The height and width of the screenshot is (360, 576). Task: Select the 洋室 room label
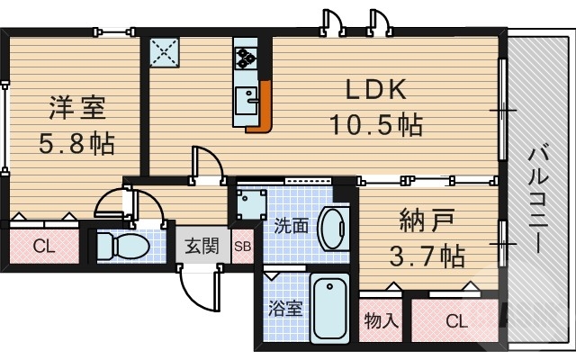76,108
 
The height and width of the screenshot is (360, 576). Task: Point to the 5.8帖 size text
76,142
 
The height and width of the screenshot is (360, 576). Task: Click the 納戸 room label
427,220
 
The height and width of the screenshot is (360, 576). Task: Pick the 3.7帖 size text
427,256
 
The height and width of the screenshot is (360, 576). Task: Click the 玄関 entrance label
202,246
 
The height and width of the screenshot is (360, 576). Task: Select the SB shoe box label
242,246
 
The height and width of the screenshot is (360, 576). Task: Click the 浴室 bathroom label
286,307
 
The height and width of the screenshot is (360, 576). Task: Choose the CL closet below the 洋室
42,245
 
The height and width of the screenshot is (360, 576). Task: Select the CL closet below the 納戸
456,320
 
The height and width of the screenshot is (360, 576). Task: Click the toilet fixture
117,244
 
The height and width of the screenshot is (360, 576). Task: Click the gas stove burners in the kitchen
246,57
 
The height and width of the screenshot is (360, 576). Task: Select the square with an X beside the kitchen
164,52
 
